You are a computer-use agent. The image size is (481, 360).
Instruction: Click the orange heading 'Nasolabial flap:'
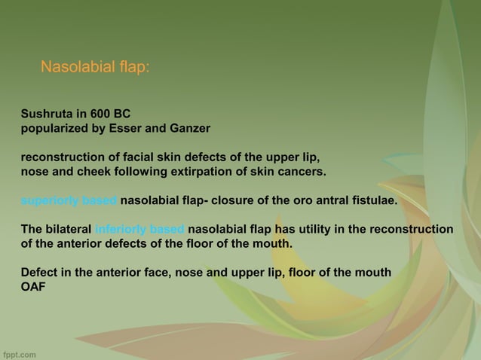(95, 68)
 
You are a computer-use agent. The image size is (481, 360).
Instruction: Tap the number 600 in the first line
(100, 114)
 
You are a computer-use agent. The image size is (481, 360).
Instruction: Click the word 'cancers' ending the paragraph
(302, 172)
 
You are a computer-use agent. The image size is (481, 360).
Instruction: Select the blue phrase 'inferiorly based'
(140, 230)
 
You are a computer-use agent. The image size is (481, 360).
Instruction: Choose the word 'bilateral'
(68, 230)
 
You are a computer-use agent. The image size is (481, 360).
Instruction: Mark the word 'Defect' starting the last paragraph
(39, 273)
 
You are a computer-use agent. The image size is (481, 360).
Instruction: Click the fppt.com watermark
(20, 352)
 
